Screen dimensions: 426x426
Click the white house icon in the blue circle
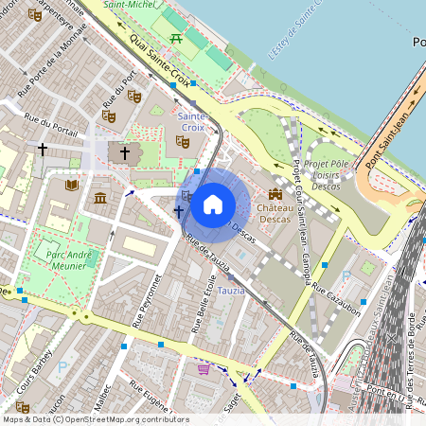coord(213,203)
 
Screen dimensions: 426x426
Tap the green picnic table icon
coord(176,38)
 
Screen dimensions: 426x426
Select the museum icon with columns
coord(100,198)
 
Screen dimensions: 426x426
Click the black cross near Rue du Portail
coord(42,149)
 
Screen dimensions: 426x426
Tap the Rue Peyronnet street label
coord(151,301)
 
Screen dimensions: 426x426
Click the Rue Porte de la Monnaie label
coord(53,66)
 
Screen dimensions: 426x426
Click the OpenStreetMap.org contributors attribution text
coord(122,418)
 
